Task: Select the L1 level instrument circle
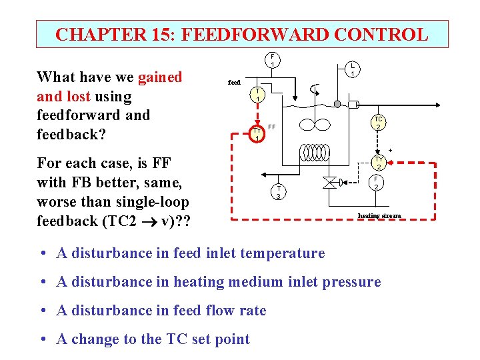point(353,69)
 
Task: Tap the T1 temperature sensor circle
point(257,95)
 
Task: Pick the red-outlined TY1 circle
point(257,134)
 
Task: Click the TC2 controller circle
point(377,123)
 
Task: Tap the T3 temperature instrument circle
point(279,192)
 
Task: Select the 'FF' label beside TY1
point(271,127)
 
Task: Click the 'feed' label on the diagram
point(234,83)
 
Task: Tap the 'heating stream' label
point(379,215)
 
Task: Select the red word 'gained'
point(160,77)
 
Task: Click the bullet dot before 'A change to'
point(42,339)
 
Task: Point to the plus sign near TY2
point(391,150)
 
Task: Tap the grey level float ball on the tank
point(337,105)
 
